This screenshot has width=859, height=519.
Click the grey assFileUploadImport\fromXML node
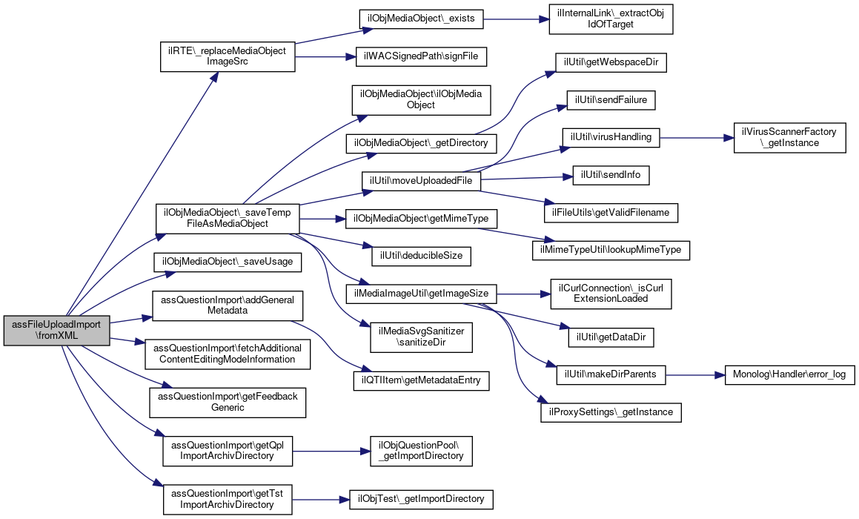tap(57, 331)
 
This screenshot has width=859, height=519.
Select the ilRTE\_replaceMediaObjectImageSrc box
tap(228, 56)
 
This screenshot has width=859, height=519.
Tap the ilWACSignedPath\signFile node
tap(421, 56)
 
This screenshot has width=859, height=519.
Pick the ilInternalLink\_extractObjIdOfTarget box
tap(611, 19)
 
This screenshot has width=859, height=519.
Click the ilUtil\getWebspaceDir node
tap(611, 62)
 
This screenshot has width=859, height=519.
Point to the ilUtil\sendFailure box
tap(611, 100)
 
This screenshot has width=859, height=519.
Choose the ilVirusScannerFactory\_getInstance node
tap(789, 138)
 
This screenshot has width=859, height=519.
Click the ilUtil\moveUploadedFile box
tap(421, 181)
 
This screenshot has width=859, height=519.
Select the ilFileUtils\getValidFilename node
tap(611, 213)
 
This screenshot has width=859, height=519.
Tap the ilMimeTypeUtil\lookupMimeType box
tap(611, 250)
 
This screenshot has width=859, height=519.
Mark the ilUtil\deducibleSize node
tap(421, 256)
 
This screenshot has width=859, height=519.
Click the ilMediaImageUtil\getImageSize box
tap(421, 294)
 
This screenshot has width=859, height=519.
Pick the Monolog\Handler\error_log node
tap(789, 375)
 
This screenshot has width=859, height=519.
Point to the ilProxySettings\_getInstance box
tap(611, 412)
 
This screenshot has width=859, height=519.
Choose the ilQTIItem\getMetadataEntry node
tap(421, 380)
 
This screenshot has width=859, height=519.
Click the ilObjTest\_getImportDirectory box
tap(421, 499)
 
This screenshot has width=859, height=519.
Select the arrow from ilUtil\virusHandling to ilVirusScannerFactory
tap(697, 138)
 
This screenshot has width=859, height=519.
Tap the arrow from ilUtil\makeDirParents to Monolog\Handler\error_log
tap(694, 375)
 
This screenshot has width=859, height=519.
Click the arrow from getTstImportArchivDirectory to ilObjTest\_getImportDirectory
tap(320, 499)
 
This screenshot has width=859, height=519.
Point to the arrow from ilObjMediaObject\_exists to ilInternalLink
tap(516, 19)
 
